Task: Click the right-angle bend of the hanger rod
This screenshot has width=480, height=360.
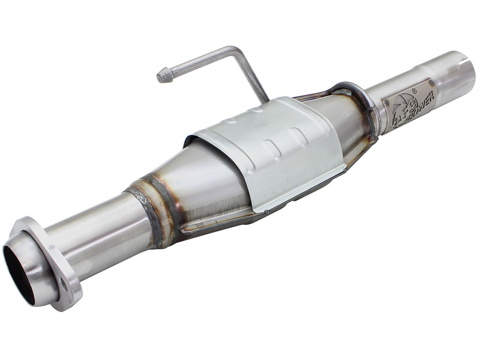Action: click(236, 51)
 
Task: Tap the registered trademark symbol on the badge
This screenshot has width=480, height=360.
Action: click(414, 91)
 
